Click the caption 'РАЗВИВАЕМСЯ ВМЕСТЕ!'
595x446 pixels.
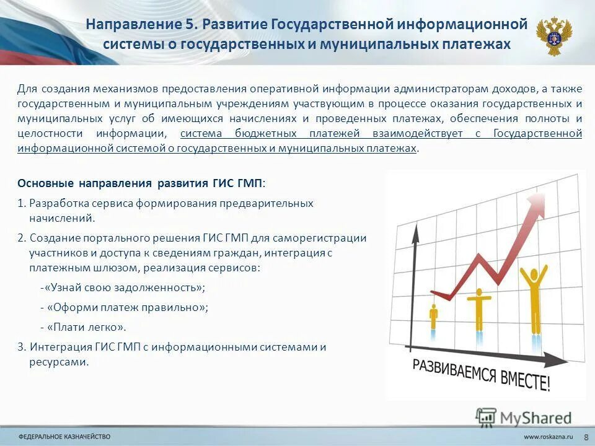point(481,374)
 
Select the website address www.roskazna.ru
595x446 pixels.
point(548,437)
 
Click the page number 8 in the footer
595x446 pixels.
point(586,437)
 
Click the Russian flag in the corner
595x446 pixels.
point(37,34)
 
